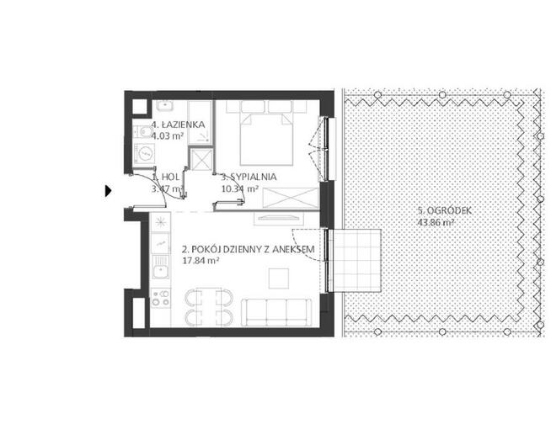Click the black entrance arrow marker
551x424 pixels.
coord(108,191)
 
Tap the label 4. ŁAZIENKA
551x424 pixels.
coord(178,125)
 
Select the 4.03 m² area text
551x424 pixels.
coord(168,135)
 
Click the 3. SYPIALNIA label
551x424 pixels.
coord(249,177)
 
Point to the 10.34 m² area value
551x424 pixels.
coord(240,188)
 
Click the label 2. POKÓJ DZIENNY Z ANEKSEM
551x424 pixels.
coord(248,249)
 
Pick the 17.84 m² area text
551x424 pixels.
coord(201,261)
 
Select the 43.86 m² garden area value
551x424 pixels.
coord(436,222)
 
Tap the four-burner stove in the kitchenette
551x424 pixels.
coord(161,298)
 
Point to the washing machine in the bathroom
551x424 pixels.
coord(144,153)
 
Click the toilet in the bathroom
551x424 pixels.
coord(142,132)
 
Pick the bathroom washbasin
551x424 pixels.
coord(164,105)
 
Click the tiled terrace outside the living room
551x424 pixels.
coord(356,261)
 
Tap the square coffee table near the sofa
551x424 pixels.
coord(279,278)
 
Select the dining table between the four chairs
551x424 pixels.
coord(209,307)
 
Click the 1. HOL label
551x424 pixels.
coord(166,177)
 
